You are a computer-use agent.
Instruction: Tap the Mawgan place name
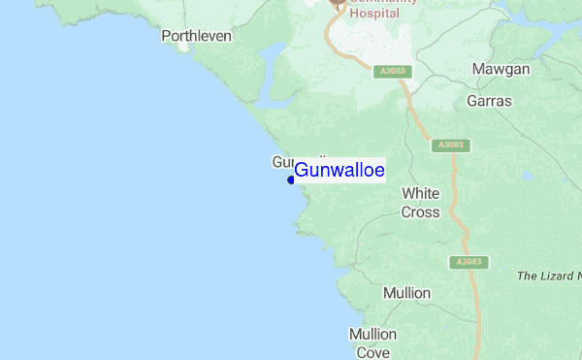(501, 69)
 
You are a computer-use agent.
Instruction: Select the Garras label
(489, 101)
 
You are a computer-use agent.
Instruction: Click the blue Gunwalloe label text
(339, 171)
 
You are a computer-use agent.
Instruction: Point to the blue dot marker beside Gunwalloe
(291, 180)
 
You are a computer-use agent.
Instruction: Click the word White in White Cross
(421, 193)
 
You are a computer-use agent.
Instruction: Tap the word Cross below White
(421, 212)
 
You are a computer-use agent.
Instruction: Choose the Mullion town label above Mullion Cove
(406, 292)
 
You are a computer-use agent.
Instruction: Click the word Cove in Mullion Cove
(372, 352)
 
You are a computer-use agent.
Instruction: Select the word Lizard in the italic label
(553, 277)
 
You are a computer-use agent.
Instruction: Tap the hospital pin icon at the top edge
(338, 5)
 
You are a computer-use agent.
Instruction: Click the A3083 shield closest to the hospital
(392, 70)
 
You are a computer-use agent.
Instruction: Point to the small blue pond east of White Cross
(527, 178)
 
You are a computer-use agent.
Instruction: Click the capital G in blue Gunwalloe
(301, 171)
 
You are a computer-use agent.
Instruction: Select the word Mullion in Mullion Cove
(373, 335)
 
